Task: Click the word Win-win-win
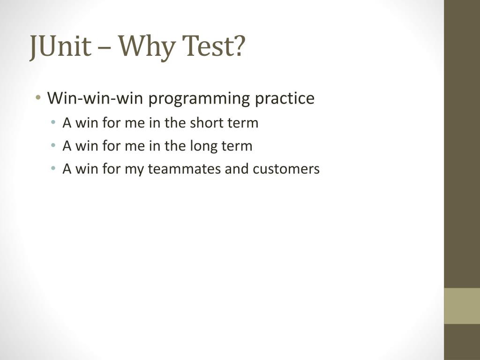(96, 98)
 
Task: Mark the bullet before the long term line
(54, 146)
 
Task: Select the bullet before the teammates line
(54, 169)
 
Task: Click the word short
(207, 123)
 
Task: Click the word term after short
(243, 123)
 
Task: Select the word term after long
(238, 146)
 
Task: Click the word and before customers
(237, 169)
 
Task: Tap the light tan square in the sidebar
(462, 306)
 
